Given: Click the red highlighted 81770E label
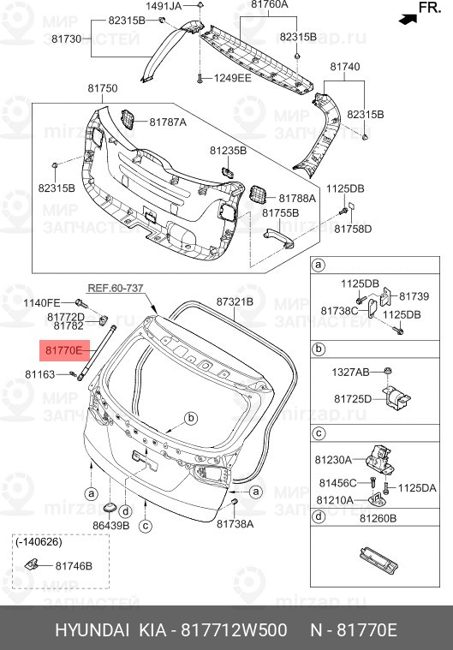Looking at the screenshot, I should click(63, 351).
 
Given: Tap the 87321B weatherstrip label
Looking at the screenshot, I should click(234, 302).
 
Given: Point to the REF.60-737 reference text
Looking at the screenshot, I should click(116, 289).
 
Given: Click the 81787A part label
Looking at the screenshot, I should click(167, 122).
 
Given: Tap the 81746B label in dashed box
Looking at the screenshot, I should click(75, 566).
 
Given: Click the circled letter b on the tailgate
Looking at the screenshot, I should click(191, 418).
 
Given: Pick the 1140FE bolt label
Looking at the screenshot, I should click(41, 303).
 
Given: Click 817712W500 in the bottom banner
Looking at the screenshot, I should click(232, 630).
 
